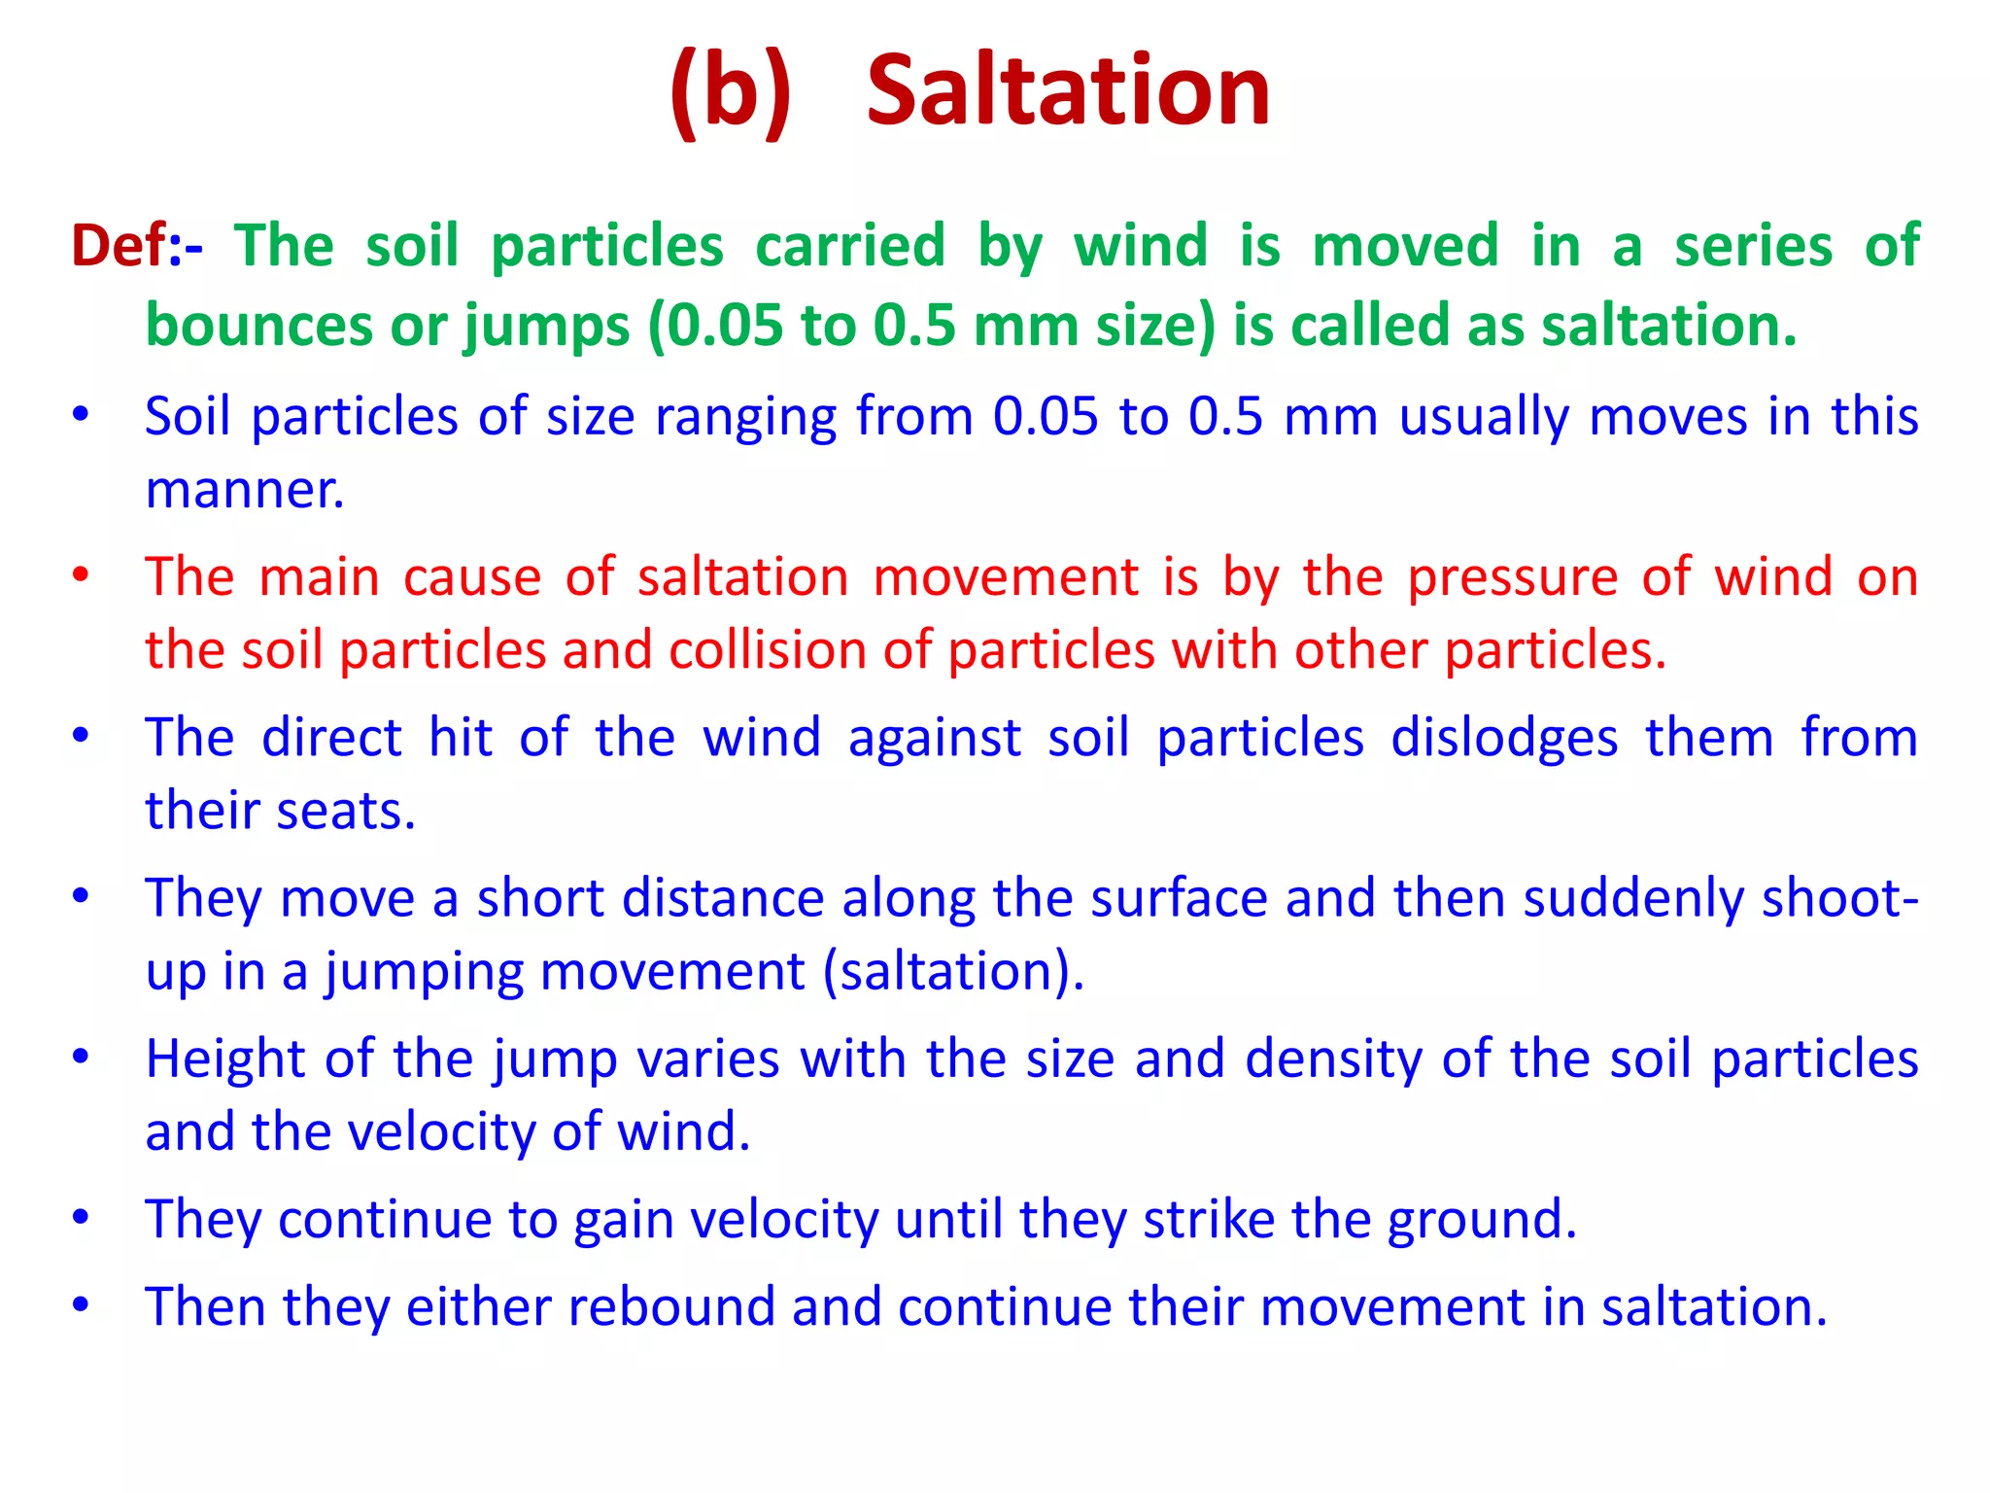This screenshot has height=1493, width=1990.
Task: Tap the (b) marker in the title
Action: pyautogui.click(x=731, y=92)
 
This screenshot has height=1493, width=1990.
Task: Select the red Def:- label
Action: pyautogui.click(x=137, y=245)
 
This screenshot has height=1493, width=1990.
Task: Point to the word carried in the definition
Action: pyautogui.click(x=850, y=245)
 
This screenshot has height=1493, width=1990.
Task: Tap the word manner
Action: pyautogui.click(x=245, y=489)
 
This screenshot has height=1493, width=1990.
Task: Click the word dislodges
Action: pyautogui.click(x=1504, y=737)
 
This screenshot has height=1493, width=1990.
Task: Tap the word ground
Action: pyautogui.click(x=1482, y=1219)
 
